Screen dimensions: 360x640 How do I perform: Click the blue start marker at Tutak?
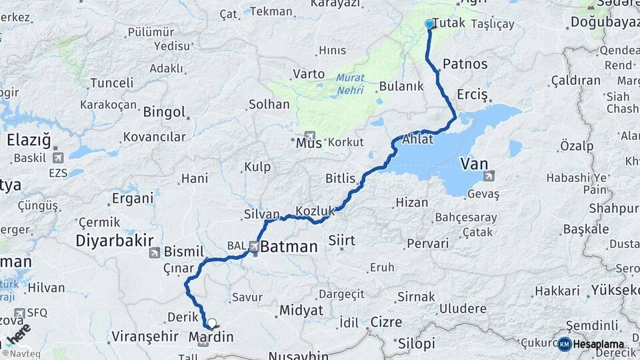(429, 24)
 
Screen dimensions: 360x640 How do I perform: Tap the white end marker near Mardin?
(212, 324)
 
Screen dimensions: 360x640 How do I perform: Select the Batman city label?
(289, 247)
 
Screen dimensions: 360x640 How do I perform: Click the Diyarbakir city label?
(115, 240)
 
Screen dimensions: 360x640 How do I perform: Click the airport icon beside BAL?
(254, 246)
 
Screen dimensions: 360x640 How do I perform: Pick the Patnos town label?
(465, 65)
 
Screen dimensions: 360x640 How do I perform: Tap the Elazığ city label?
(29, 140)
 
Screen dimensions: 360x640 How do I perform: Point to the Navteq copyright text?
(22, 353)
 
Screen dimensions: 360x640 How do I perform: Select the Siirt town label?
(342, 240)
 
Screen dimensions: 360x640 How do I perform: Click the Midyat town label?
(301, 310)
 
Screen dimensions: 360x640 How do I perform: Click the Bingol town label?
(164, 112)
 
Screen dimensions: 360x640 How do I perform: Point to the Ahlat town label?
(418, 140)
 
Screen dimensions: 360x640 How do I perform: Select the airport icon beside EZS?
(57, 158)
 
